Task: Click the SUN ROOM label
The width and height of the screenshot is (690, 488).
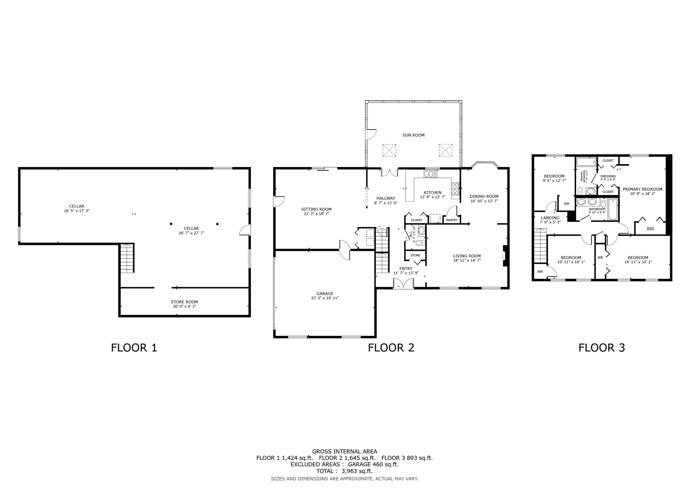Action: pyautogui.click(x=413, y=135)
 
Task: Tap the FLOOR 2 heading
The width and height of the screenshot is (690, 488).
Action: pyautogui.click(x=391, y=348)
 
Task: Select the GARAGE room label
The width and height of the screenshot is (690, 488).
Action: pyautogui.click(x=325, y=294)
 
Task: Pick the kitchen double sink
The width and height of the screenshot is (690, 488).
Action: pyautogui.click(x=430, y=174)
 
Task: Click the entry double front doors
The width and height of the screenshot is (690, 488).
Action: pyautogui.click(x=403, y=283)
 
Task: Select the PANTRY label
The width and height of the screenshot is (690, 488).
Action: pyautogui.click(x=452, y=220)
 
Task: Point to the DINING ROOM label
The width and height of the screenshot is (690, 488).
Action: pyautogui.click(x=484, y=196)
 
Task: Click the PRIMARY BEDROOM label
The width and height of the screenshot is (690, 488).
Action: pyautogui.click(x=643, y=189)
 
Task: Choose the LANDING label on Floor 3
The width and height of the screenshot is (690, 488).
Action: pyautogui.click(x=550, y=218)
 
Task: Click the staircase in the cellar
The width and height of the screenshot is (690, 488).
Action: pyautogui.click(x=127, y=258)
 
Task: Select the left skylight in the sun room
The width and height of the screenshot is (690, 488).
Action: pyautogui.click(x=389, y=150)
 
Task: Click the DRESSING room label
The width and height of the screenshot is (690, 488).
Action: pyautogui.click(x=608, y=176)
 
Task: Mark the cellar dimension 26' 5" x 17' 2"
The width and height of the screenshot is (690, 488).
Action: pyautogui.click(x=77, y=211)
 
